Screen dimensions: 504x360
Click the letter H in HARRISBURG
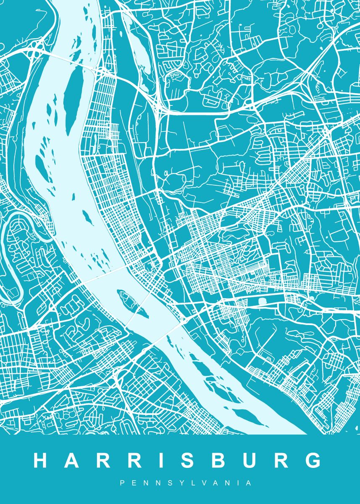[x=42, y=460]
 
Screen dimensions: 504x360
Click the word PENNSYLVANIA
[x=186, y=483]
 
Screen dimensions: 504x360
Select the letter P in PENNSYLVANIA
[x=122, y=483]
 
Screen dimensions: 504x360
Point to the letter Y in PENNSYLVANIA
[x=179, y=483]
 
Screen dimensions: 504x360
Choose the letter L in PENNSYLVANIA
[x=191, y=483]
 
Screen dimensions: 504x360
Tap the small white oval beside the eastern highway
[x=263, y=301]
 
